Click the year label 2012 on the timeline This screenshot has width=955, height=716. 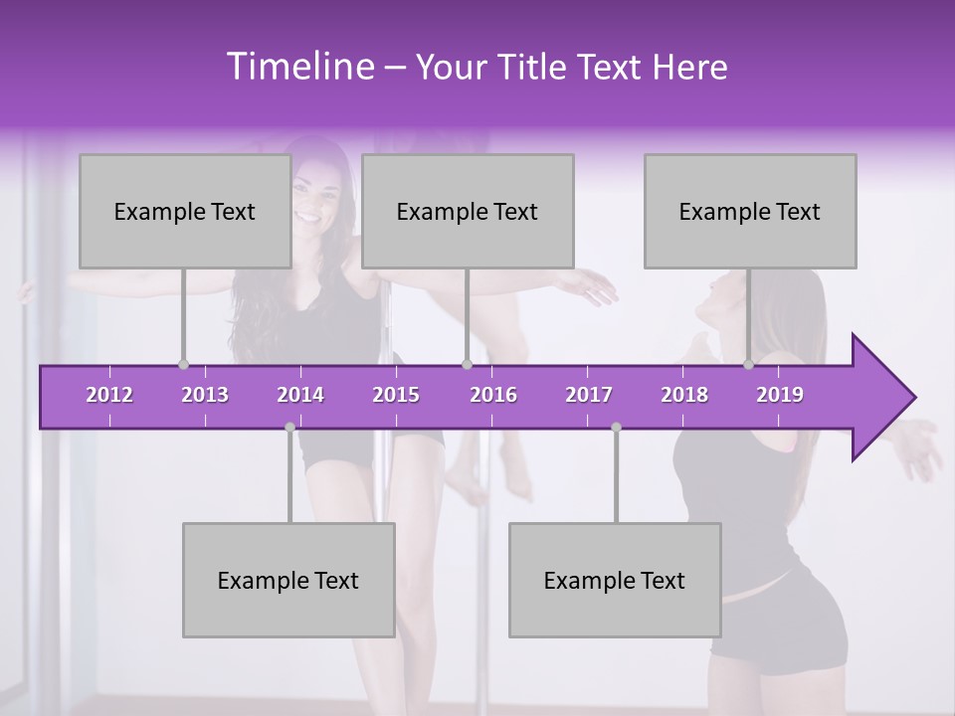coord(109,395)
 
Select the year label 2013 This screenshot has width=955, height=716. coord(205,395)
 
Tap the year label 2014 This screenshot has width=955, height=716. coord(300,395)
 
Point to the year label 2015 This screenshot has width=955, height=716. coord(396,395)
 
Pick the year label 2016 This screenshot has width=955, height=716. coord(493,395)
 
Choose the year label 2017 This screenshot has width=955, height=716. coord(589,395)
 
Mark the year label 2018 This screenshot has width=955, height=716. coord(684,395)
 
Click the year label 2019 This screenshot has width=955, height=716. coord(780,395)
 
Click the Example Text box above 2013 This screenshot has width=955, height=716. coord(184,211)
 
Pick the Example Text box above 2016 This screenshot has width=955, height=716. coord(467,211)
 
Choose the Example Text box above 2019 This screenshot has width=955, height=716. coord(749,211)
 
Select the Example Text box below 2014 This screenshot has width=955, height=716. coord(287,580)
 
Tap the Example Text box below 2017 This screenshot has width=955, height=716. coord(614,580)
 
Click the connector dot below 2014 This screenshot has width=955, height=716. coord(289,427)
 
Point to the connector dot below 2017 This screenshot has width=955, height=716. coord(616,427)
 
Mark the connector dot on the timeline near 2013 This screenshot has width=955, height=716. coord(183,364)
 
